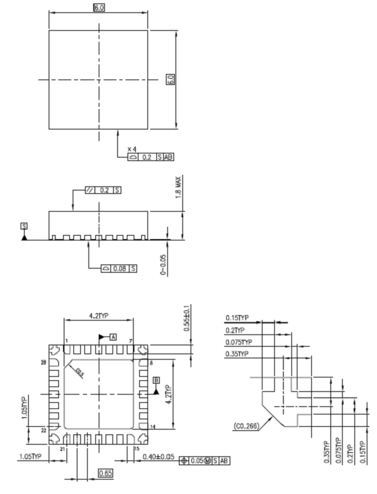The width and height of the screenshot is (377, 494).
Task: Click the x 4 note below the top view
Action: point(132,149)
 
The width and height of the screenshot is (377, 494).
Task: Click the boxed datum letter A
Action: point(112,336)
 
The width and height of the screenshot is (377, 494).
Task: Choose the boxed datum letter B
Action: point(156,379)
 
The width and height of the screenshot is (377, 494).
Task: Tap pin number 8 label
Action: point(150,362)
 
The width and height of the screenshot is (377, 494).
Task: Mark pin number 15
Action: point(137,448)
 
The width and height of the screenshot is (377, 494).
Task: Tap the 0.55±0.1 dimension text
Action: point(186,321)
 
